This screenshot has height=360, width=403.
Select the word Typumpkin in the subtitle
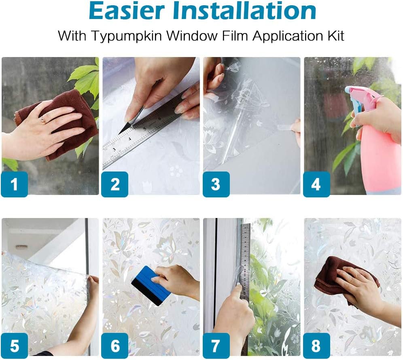pos(127,36)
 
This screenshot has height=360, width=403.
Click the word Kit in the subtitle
pos(336,35)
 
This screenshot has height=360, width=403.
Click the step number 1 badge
pos(15,184)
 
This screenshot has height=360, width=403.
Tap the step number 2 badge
pos(115,184)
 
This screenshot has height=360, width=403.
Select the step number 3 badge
pos(216,184)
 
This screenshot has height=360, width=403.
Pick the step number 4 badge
pos(316,184)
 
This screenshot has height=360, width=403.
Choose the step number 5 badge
pos(15,345)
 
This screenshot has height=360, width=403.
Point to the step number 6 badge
pos(115,345)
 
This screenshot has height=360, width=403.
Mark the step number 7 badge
pos(216,345)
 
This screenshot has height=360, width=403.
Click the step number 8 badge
pos(316,345)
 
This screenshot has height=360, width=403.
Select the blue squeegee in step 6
pos(151,286)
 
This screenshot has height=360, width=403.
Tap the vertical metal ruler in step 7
pos(245,288)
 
